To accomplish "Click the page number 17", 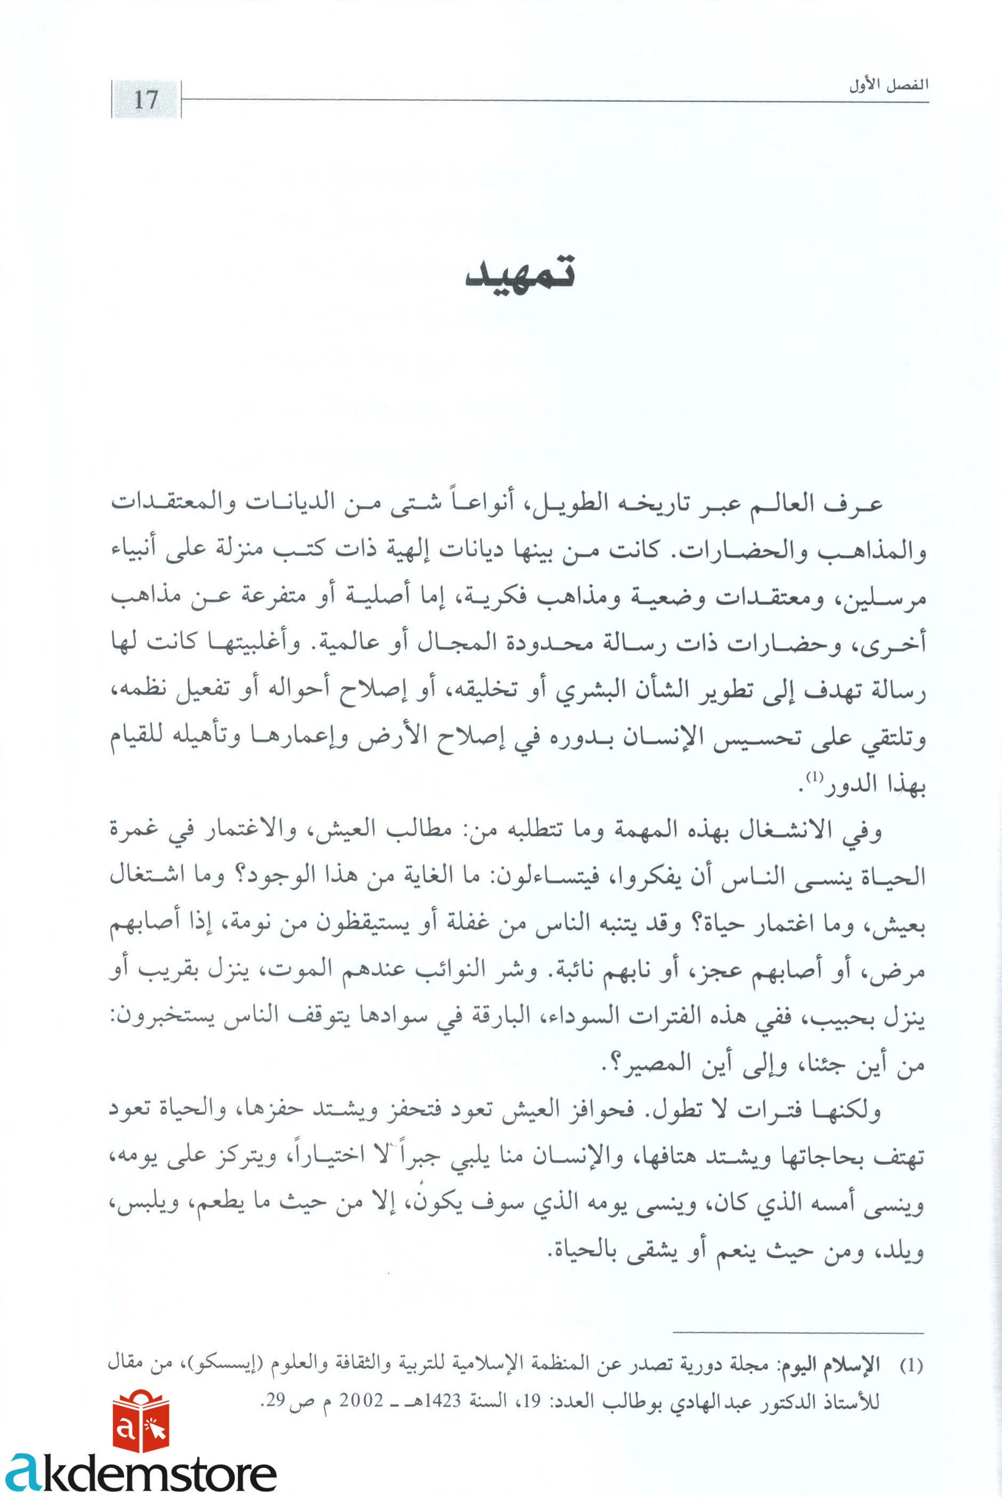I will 146,100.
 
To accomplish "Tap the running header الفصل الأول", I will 888,85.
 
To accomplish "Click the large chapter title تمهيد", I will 520,273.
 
